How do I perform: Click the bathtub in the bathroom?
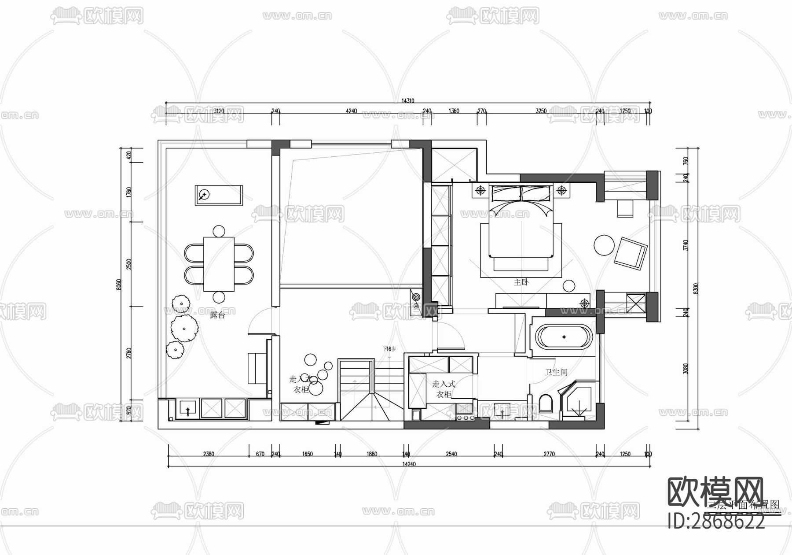[x=564, y=337]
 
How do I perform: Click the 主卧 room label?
[x=521, y=282]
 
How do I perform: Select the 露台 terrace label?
[x=217, y=315]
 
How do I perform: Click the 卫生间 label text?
[x=556, y=373]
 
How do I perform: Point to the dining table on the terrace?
[x=219, y=264]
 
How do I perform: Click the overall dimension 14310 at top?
[x=407, y=101]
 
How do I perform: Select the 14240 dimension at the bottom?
[x=409, y=464]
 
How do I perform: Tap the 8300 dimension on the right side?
[x=695, y=289]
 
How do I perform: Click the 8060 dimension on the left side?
[x=118, y=285]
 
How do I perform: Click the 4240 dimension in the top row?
[x=351, y=111]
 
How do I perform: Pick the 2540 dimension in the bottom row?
[x=451, y=454]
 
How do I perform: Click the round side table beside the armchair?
[x=604, y=245]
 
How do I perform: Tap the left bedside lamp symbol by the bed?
[x=480, y=190]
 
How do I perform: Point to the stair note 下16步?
[x=389, y=349]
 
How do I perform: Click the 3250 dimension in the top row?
[x=541, y=111]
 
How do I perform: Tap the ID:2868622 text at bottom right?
[x=716, y=522]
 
